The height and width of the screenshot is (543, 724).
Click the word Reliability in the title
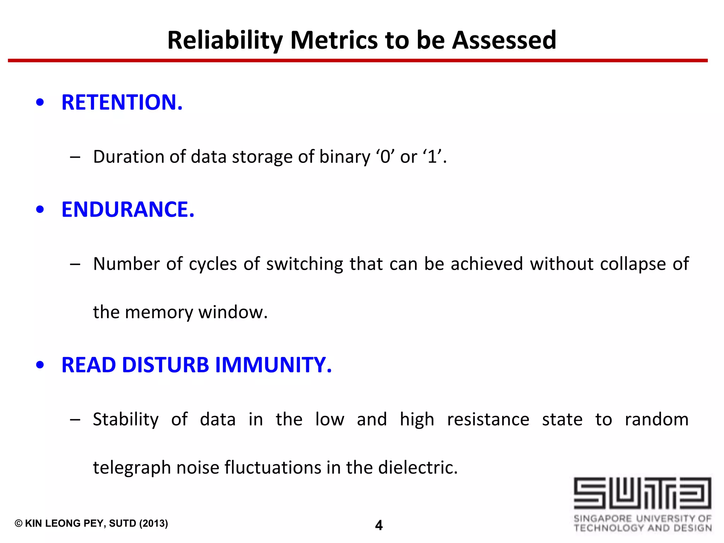(x=225, y=40)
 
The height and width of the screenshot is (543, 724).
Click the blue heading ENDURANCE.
(x=128, y=209)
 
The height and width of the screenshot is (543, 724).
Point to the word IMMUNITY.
(x=273, y=365)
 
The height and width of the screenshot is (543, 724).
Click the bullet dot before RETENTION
(x=40, y=103)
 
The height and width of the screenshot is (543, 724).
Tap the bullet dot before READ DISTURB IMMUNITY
(x=40, y=365)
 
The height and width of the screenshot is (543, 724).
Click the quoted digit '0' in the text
(x=385, y=157)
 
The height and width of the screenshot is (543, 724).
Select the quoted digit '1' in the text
(x=432, y=157)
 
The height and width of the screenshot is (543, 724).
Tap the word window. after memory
(x=233, y=312)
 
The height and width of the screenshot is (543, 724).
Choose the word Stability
(x=125, y=420)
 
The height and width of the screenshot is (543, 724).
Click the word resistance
(x=488, y=420)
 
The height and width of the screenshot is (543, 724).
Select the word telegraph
(x=132, y=468)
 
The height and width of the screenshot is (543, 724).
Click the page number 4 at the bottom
(x=379, y=525)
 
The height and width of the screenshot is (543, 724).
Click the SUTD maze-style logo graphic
(x=642, y=493)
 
